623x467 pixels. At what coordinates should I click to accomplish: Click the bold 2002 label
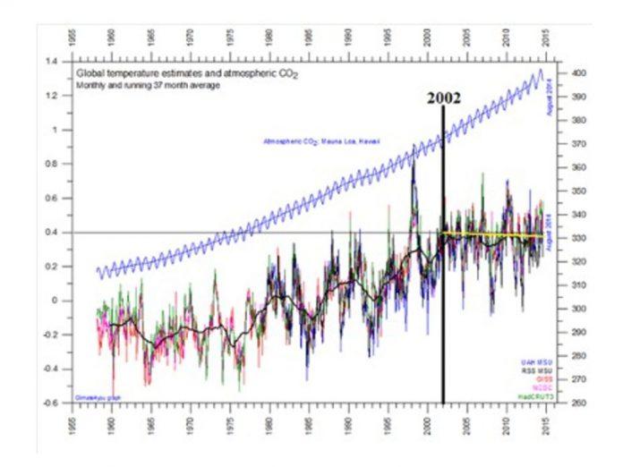(x=443, y=98)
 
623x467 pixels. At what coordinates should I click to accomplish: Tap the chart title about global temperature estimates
(x=187, y=74)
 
